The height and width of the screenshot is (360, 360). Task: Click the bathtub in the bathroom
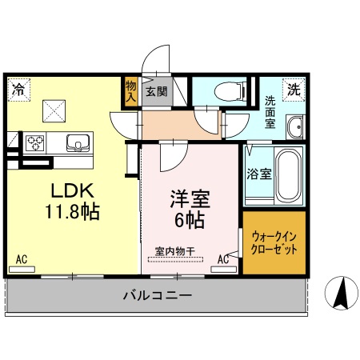point(287,174)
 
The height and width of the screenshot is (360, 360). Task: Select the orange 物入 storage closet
point(131,92)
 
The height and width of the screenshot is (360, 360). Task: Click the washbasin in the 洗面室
point(294,126)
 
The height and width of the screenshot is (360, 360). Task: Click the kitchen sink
point(77,142)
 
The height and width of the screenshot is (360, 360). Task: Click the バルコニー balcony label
point(157,295)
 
